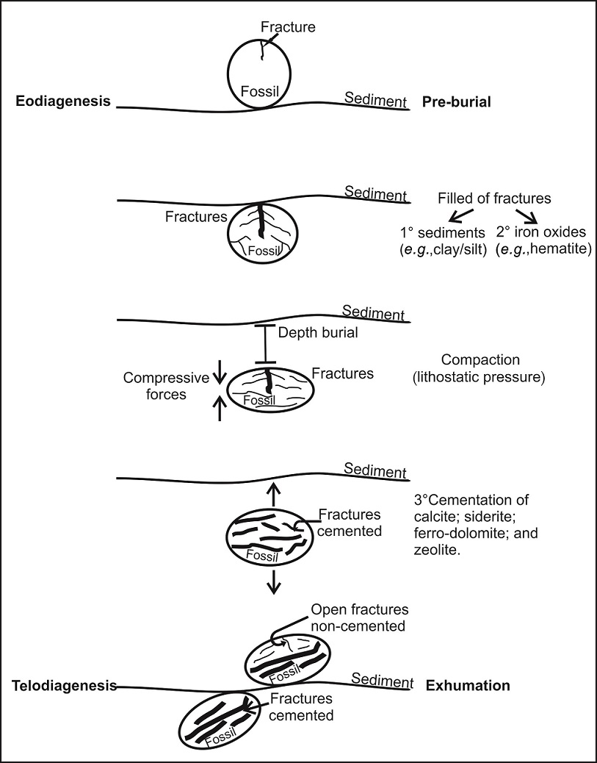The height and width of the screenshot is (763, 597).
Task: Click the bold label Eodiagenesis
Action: (x=63, y=101)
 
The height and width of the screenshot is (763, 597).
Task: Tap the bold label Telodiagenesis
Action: (x=65, y=685)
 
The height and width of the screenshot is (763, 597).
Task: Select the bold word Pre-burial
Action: (x=456, y=101)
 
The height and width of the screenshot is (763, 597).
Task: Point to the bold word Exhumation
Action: (x=468, y=685)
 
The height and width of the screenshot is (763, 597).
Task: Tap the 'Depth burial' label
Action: (x=318, y=332)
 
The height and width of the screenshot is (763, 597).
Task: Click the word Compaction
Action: (x=480, y=360)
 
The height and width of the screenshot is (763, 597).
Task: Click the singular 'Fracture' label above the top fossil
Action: (x=289, y=28)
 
